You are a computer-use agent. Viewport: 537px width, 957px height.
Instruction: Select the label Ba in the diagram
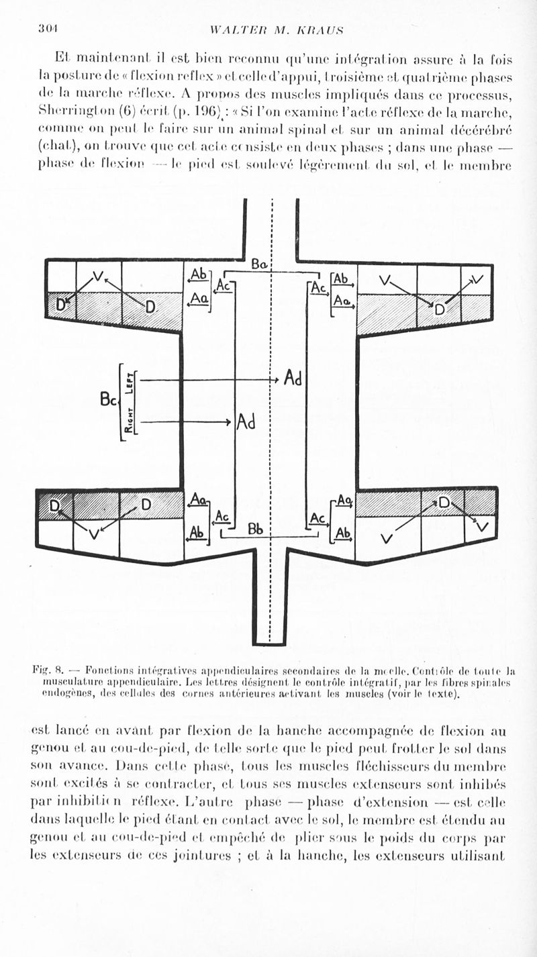click(260, 264)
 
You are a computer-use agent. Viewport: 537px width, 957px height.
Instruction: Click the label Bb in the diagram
click(255, 529)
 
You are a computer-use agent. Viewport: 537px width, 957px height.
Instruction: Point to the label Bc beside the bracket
click(108, 401)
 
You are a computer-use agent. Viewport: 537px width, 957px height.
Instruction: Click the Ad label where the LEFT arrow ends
click(293, 378)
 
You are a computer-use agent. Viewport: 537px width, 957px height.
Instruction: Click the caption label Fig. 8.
click(48, 669)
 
